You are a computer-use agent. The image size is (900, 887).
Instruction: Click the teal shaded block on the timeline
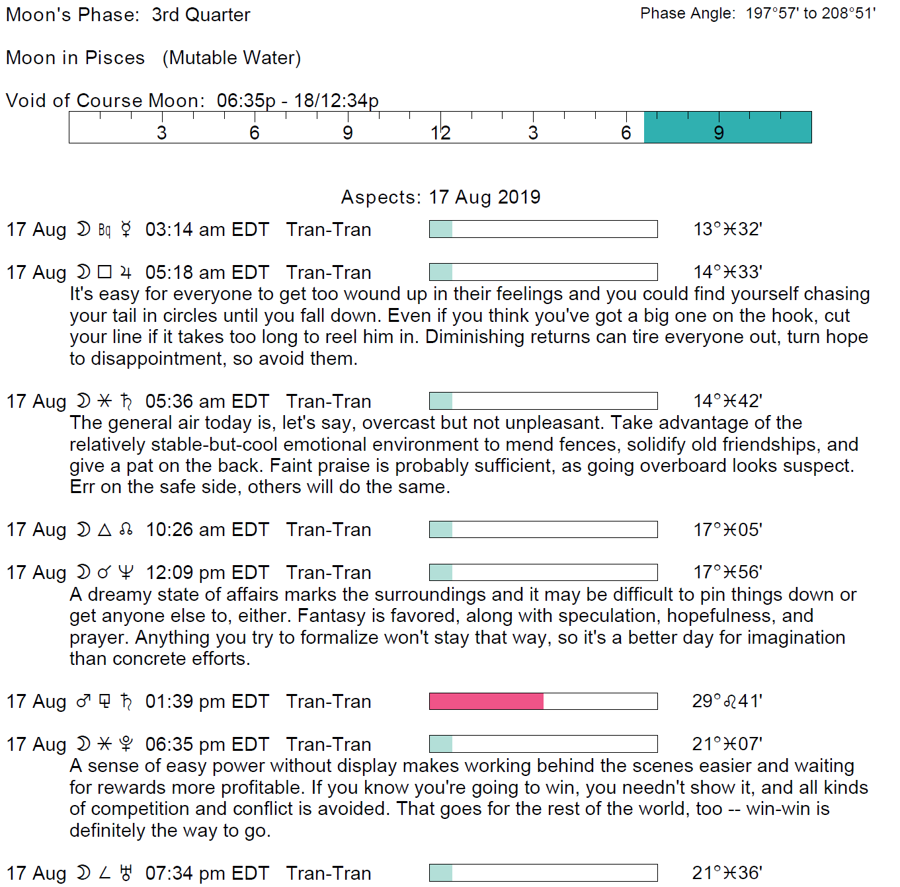(727, 127)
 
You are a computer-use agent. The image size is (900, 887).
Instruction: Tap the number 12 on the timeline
(440, 133)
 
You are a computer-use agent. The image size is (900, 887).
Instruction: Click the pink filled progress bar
(486, 701)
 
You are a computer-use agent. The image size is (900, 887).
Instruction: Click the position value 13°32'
(727, 229)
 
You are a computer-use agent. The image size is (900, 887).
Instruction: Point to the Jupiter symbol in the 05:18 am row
(126, 272)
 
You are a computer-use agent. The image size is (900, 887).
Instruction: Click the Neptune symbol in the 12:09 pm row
(126, 572)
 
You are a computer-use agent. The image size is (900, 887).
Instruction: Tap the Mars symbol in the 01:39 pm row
(83, 701)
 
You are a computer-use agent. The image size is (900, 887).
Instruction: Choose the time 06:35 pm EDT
(207, 744)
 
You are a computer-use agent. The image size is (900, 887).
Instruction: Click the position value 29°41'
(727, 701)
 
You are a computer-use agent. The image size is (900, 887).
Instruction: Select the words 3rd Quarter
(201, 15)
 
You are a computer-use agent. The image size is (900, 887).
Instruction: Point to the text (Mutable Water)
(231, 58)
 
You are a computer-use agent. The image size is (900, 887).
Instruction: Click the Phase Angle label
(688, 14)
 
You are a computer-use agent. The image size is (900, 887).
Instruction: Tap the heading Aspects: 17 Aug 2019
(440, 197)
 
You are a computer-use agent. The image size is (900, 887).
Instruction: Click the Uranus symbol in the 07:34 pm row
(126, 873)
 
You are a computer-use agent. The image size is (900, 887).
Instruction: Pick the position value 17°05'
(727, 529)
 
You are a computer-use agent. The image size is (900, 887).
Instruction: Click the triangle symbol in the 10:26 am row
(104, 529)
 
